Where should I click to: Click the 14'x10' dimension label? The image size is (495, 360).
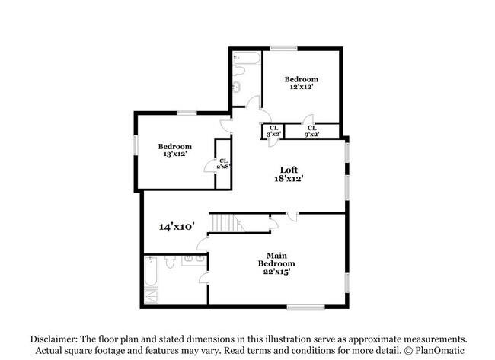pyautogui.click(x=177, y=226)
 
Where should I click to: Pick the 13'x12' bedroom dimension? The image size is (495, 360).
pyautogui.click(x=174, y=155)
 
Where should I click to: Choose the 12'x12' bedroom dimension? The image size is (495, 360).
pyautogui.click(x=301, y=87)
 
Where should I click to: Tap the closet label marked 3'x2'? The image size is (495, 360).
pyautogui.click(x=273, y=131)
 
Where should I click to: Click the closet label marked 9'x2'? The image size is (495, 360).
pyautogui.click(x=311, y=131)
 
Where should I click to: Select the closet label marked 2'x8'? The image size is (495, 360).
pyautogui.click(x=223, y=163)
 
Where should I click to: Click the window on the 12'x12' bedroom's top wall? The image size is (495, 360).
pyautogui.click(x=283, y=49)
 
